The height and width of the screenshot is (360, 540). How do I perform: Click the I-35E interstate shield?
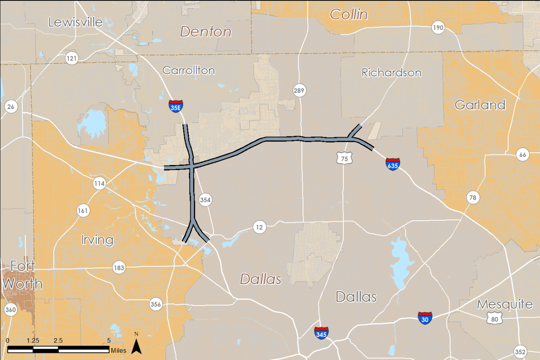(x=176, y=106)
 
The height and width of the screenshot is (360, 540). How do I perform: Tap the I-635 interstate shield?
(x=392, y=164)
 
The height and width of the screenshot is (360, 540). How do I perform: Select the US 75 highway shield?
(x=344, y=158)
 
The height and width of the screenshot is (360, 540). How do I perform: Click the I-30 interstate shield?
(x=425, y=318)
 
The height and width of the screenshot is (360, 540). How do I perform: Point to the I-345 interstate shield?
(x=321, y=333)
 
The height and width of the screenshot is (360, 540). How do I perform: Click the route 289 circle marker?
(x=299, y=90)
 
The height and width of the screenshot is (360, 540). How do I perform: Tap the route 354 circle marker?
(x=205, y=200)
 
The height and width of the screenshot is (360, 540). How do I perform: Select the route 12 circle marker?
(x=260, y=227)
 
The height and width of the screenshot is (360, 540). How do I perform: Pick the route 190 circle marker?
(x=438, y=28)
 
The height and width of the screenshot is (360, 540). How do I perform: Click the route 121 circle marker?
(x=72, y=58)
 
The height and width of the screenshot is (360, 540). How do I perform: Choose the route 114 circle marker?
(x=99, y=184)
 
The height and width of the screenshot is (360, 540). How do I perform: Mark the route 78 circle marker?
(x=473, y=197)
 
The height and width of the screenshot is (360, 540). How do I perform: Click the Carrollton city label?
(x=189, y=70)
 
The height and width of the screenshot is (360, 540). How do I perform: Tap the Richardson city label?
(x=391, y=73)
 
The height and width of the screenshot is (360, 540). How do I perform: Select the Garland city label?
(x=480, y=105)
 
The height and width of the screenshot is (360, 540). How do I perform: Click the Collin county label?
(x=348, y=15)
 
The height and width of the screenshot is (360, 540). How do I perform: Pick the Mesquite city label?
(x=505, y=304)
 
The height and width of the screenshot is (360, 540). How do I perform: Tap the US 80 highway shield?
(x=494, y=319)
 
